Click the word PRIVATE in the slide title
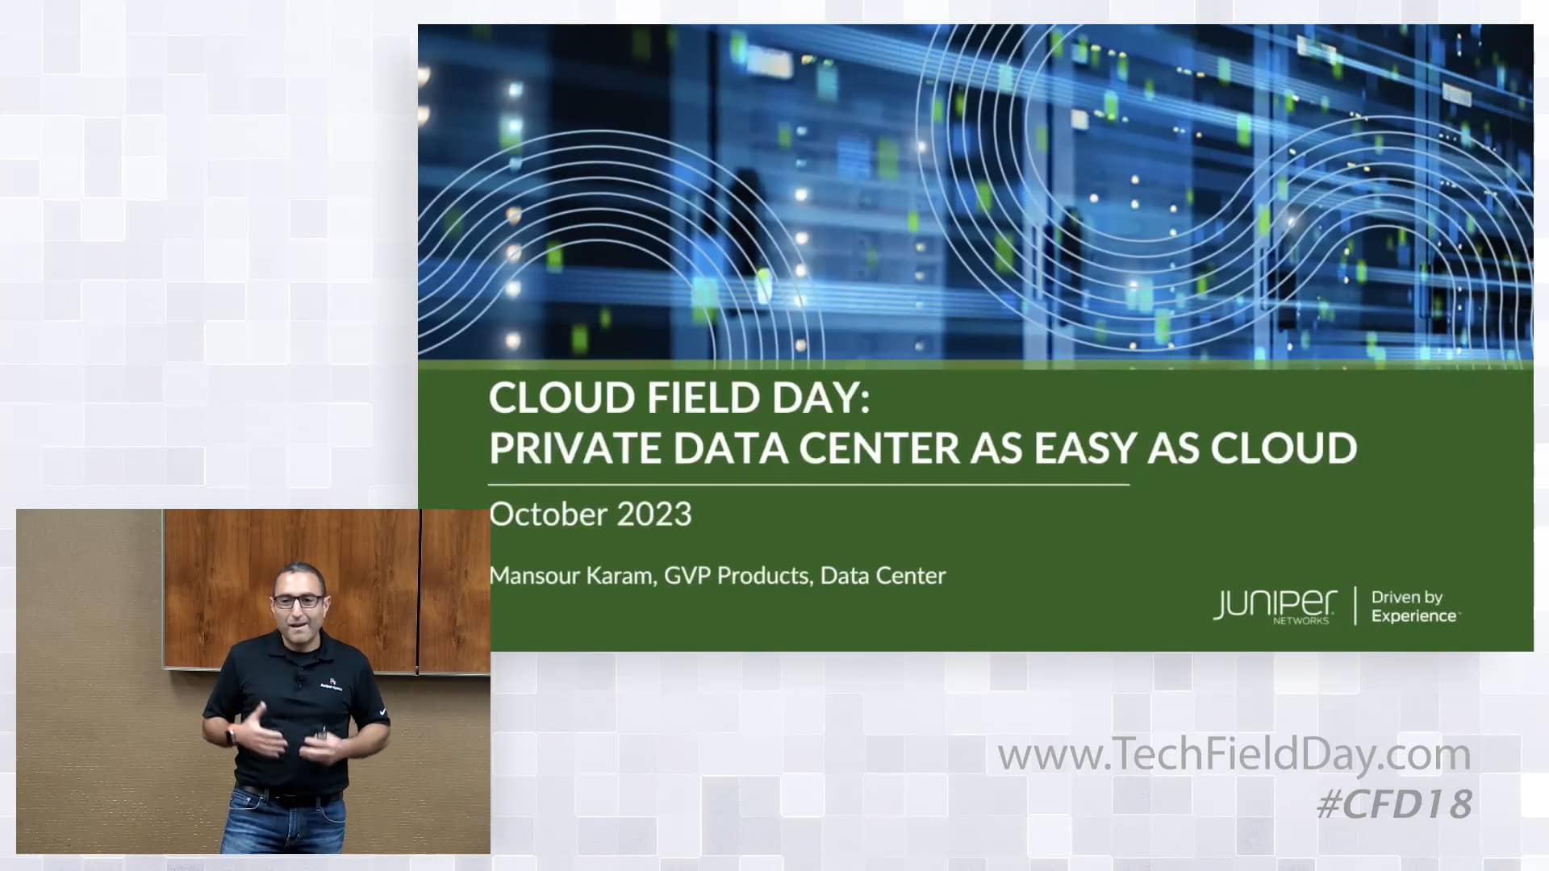tap(576, 448)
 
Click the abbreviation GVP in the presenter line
tap(687, 576)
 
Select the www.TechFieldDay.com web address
tap(1234, 755)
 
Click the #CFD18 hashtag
tap(1394, 804)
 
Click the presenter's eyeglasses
tap(299, 601)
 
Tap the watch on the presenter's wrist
tap(232, 735)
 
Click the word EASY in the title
tap(1084, 448)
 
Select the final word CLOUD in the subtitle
tap(1284, 448)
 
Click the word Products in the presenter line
tap(762, 576)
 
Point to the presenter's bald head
tap(299, 574)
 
